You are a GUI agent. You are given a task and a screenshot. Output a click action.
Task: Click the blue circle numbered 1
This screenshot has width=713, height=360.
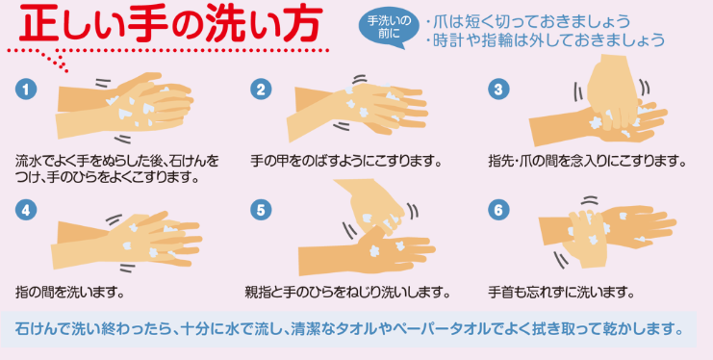(x=26, y=90)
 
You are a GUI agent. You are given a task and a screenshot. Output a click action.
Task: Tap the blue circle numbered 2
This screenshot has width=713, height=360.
(x=261, y=90)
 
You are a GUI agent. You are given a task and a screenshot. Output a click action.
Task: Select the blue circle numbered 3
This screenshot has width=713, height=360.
(x=498, y=90)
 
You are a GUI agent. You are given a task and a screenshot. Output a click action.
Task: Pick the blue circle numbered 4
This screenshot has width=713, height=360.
(x=26, y=210)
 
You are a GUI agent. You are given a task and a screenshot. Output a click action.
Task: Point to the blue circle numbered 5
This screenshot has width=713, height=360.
(x=261, y=210)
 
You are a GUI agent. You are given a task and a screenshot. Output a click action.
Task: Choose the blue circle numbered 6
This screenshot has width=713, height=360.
(x=498, y=210)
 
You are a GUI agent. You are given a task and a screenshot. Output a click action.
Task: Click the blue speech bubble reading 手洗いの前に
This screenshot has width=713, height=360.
(x=389, y=27)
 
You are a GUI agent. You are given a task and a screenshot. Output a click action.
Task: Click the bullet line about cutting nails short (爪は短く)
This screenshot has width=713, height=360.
(x=528, y=21)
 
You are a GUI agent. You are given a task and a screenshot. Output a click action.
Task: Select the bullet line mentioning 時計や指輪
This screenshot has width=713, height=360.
(x=546, y=40)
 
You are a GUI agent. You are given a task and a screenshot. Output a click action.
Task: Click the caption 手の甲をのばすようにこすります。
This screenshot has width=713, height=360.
(x=346, y=161)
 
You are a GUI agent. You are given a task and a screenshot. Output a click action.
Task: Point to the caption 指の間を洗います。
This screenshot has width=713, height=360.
(x=70, y=292)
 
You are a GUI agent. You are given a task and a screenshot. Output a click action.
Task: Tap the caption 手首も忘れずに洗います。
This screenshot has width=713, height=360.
(x=561, y=292)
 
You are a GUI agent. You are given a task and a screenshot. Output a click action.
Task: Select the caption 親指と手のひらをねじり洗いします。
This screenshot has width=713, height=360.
(x=347, y=292)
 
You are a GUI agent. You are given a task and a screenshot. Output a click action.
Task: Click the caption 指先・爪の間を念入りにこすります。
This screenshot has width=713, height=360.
(x=587, y=161)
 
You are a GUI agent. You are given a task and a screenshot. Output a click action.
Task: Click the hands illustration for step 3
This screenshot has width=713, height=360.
(x=598, y=101)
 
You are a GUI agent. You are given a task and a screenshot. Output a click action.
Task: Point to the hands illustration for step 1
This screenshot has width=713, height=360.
(x=124, y=107)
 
